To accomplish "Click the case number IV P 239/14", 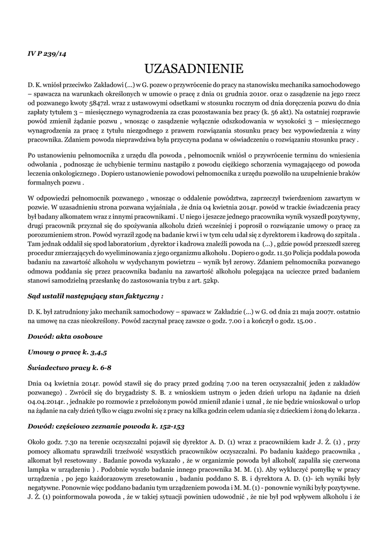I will coord(47,54).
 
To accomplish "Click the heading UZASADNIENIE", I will coord(194,69).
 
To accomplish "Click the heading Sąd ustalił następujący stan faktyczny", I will coord(95,295).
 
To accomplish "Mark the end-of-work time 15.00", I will coord(309,321).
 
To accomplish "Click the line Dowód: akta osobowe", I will coord(64,336).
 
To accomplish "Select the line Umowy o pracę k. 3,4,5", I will coord(67,352).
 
